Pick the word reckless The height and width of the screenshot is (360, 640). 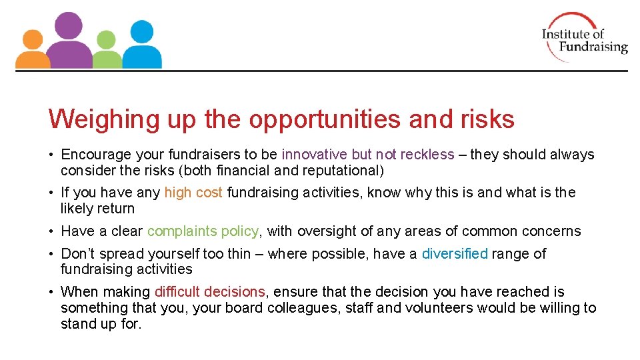click(427, 155)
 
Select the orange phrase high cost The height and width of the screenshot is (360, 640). click(193, 193)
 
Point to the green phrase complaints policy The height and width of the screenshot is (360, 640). click(203, 231)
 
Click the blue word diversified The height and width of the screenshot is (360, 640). click(455, 254)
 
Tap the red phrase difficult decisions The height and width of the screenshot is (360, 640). click(209, 292)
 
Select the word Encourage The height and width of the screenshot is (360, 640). click(96, 155)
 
